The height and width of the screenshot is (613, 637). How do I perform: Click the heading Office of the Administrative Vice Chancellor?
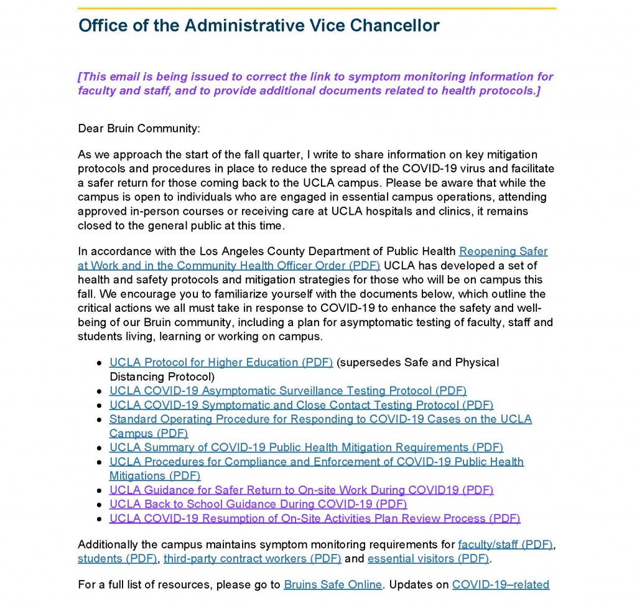259,26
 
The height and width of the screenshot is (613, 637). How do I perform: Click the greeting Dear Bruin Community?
139,129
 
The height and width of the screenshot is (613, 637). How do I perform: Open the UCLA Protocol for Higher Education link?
221,362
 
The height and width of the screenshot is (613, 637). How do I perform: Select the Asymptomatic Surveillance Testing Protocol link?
287,391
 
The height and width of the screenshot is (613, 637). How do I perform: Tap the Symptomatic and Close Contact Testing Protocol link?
301,405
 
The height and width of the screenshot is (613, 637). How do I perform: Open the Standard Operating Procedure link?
320,419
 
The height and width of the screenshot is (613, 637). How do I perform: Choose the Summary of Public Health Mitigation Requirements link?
306,447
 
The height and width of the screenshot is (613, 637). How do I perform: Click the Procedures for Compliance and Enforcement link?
316,462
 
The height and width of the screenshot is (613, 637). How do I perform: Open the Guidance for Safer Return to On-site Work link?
301,490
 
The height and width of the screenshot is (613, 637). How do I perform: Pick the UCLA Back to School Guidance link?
258,504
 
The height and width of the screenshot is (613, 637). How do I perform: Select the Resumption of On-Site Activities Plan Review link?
315,518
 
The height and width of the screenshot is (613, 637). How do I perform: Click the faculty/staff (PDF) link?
505,545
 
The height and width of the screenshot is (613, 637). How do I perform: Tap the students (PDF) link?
118,559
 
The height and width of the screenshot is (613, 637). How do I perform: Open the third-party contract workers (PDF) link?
252,559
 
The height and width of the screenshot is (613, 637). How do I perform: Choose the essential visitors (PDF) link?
428,559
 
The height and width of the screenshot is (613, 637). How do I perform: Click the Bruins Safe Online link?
333,585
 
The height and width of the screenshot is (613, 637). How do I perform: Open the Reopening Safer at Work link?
503,251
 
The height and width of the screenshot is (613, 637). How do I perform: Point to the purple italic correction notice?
315,84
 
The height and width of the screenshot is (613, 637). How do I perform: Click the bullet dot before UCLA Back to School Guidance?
99,505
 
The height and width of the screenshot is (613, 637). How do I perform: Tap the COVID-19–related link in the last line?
500,585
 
